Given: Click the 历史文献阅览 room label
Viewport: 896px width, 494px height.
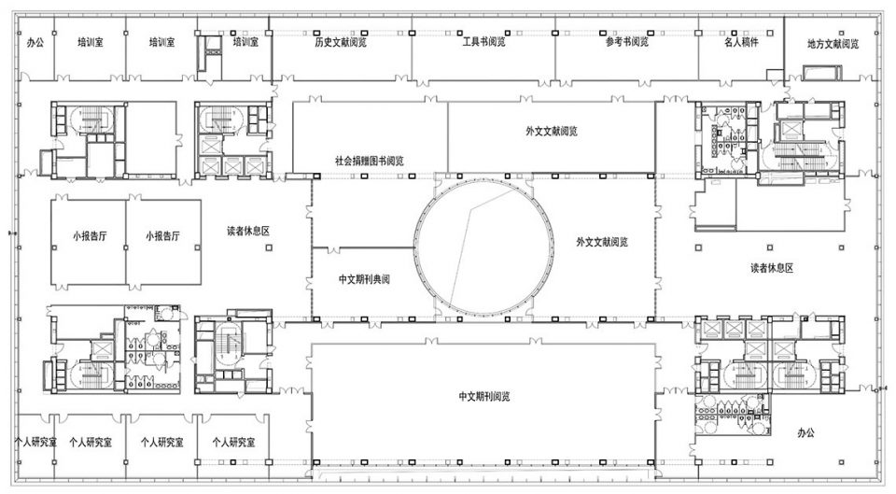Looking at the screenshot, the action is [x=341, y=42].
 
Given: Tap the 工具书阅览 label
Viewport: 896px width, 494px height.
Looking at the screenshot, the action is [x=484, y=42].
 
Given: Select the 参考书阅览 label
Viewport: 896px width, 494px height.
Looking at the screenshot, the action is [x=627, y=42].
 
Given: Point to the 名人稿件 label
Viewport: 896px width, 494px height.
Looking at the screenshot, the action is [x=741, y=42].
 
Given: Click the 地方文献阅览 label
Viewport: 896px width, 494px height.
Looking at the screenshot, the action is [x=833, y=44].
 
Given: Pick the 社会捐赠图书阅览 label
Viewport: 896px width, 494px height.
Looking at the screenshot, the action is [x=370, y=161].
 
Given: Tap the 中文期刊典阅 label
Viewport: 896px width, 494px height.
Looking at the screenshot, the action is [x=364, y=279].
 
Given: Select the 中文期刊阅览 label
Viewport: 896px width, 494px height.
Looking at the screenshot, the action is [x=484, y=396].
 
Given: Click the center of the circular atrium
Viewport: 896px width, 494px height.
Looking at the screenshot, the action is [x=484, y=247].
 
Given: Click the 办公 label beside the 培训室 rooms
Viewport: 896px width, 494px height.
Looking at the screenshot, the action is [x=35, y=42].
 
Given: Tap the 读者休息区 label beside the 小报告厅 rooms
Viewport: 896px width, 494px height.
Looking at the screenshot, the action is [x=248, y=231].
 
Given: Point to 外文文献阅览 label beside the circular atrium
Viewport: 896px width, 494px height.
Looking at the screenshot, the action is [x=602, y=242].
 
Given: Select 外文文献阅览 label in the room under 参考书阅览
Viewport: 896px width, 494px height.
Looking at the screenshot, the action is [x=552, y=131].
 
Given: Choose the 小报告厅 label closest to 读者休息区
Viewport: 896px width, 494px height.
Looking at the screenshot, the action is [x=162, y=235].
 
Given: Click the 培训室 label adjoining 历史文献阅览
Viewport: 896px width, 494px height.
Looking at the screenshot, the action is [x=245, y=42].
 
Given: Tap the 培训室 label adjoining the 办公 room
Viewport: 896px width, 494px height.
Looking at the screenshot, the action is [x=91, y=42].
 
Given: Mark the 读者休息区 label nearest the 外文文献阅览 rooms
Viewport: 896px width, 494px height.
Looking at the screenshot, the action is [x=772, y=268].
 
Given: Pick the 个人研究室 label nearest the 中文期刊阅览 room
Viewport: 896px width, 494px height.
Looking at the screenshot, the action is [x=233, y=442].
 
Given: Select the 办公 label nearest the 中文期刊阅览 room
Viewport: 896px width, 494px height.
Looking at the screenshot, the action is [x=805, y=432].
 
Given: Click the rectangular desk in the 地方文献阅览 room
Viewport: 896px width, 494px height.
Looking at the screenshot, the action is [x=822, y=73].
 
